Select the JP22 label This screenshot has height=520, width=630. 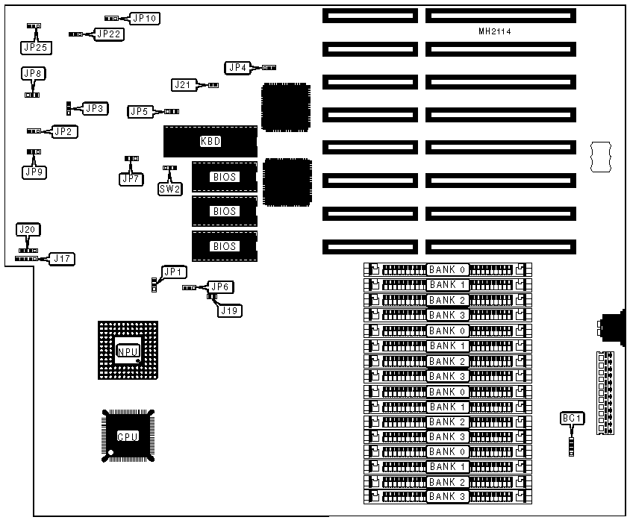(109, 34)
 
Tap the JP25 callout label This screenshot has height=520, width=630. (34, 48)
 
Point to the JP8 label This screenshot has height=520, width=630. (33, 73)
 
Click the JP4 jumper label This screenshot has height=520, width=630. (237, 68)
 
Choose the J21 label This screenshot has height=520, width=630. (183, 85)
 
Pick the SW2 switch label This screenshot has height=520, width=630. (169, 189)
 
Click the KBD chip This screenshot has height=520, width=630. (210, 141)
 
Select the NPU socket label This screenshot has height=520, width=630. (128, 351)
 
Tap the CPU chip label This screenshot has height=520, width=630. (128, 436)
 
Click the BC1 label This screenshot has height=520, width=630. (571, 419)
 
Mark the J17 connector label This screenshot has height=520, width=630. (62, 259)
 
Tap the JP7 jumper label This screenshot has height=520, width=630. (131, 179)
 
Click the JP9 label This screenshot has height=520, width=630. (34, 172)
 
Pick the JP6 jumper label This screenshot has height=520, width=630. (221, 286)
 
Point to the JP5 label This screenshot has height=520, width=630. (140, 112)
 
